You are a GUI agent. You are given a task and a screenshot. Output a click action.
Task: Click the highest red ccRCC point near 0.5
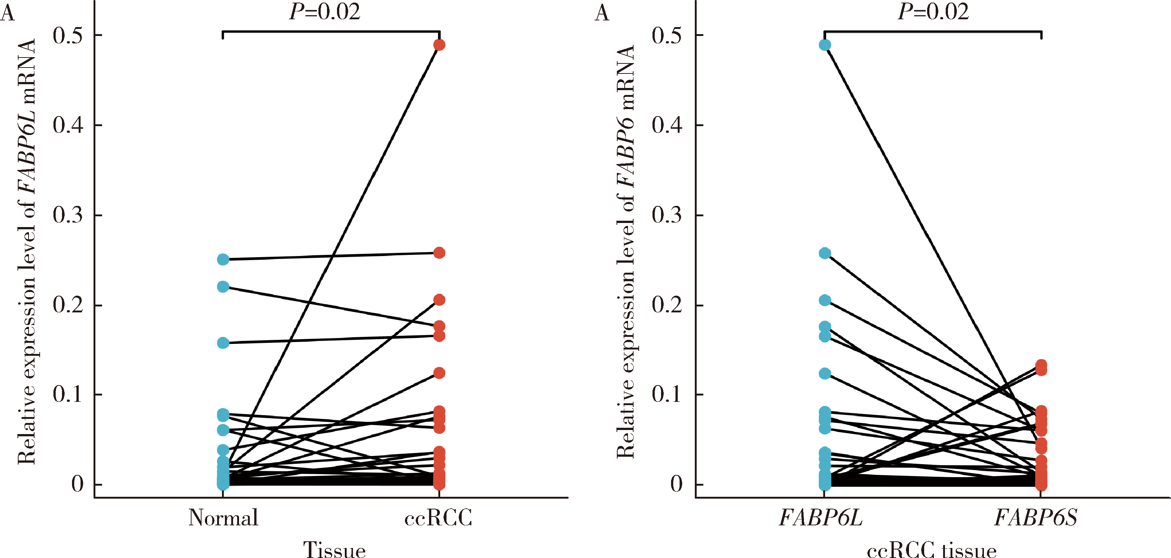[439, 45]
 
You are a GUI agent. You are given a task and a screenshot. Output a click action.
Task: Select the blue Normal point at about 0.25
[223, 259]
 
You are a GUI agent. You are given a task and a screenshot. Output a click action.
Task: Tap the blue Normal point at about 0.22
[223, 287]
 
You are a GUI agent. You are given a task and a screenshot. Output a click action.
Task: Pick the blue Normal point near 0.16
[223, 342]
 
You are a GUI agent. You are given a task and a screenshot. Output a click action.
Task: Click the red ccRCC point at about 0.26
[439, 253]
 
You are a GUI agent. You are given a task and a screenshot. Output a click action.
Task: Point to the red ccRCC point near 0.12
[439, 373]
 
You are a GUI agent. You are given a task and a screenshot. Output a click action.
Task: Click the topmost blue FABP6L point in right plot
[825, 45]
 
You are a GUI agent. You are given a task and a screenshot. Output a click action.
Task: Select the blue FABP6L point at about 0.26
[825, 253]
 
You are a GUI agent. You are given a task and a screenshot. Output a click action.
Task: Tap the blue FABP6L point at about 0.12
[825, 374]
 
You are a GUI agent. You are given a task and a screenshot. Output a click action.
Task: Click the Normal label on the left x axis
[223, 518]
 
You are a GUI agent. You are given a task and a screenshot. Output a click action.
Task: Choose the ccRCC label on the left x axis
[438, 518]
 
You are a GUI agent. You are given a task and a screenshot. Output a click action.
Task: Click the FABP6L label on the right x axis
[821, 518]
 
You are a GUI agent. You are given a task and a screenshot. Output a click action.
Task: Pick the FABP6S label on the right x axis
[1036, 518]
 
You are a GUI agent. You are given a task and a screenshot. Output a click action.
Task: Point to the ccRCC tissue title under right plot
[932, 550]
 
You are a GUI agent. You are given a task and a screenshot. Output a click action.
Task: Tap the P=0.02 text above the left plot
[324, 12]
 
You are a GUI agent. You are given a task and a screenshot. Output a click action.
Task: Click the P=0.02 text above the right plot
[933, 12]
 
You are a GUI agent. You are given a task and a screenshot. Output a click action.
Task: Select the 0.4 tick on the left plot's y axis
[68, 125]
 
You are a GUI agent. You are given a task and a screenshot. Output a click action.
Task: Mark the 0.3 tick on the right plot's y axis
[667, 215]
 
